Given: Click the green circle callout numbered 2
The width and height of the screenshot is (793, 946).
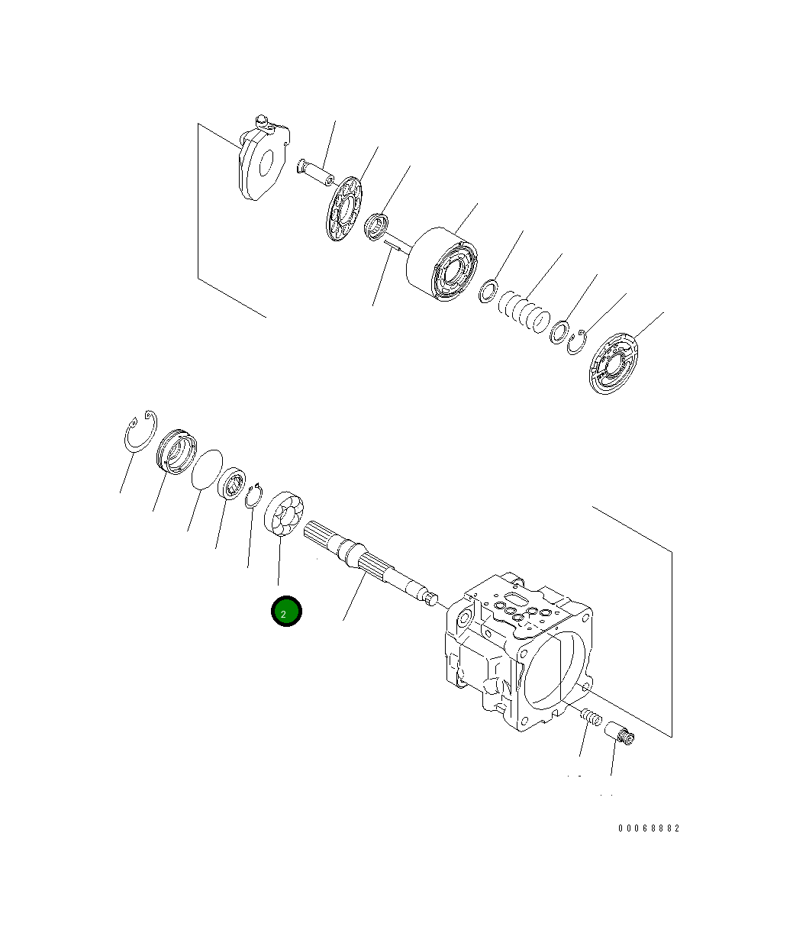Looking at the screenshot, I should coord(286,612).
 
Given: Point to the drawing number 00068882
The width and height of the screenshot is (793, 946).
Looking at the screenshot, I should coord(648,828).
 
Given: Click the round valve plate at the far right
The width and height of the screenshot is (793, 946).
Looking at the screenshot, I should coord(615,363).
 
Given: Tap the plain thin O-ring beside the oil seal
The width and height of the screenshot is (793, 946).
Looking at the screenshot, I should coord(205,468).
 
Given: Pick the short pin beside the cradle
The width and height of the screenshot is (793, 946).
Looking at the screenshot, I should coord(316,172).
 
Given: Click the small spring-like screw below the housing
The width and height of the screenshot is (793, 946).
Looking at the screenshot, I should coord(591,718).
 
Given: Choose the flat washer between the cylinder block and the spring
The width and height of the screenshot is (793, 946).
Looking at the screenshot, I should coord(488,292).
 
